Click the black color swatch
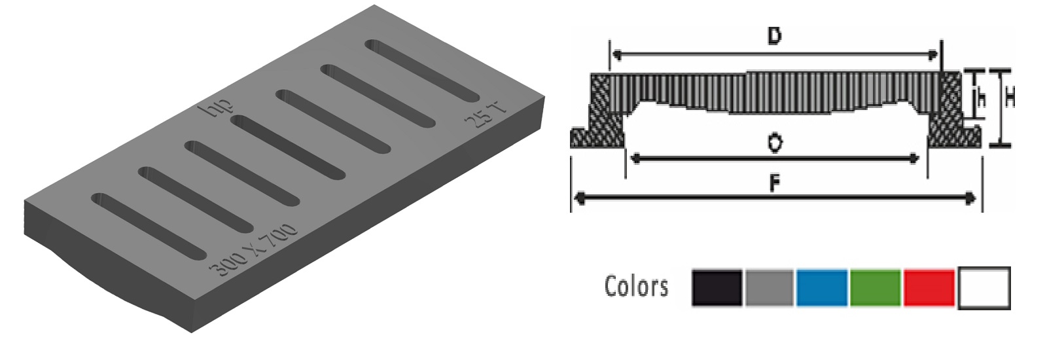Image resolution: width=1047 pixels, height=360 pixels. (717, 287)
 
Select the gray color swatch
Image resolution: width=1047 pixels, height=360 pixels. (769, 287)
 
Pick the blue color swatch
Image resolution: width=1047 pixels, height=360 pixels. (822, 287)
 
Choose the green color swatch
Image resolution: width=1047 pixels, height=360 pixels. (876, 287)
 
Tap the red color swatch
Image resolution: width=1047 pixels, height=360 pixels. (929, 287)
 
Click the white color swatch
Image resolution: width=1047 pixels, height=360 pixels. (984, 287)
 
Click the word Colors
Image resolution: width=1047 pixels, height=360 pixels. (636, 287)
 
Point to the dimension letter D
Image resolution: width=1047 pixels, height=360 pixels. (774, 36)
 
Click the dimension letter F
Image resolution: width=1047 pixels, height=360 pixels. (774, 185)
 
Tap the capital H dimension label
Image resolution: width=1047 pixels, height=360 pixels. (1010, 99)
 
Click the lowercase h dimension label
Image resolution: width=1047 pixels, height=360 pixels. (982, 99)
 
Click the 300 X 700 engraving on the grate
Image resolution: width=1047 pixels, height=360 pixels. (253, 251)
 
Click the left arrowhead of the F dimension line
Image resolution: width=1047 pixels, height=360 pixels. (578, 198)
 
